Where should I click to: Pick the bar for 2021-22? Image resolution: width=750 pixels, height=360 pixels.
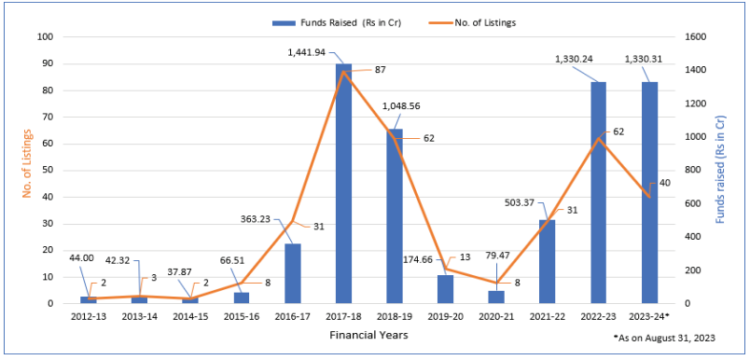click(x=547, y=261)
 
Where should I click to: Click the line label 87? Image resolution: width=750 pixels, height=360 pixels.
click(x=379, y=69)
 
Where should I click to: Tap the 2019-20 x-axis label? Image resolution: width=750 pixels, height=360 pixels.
click(x=446, y=317)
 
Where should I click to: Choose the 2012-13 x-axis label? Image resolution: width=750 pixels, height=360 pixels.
click(x=88, y=317)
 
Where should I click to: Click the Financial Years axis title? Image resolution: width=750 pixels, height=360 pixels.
click(x=368, y=335)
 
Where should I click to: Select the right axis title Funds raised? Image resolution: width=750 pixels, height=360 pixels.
click(x=722, y=170)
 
